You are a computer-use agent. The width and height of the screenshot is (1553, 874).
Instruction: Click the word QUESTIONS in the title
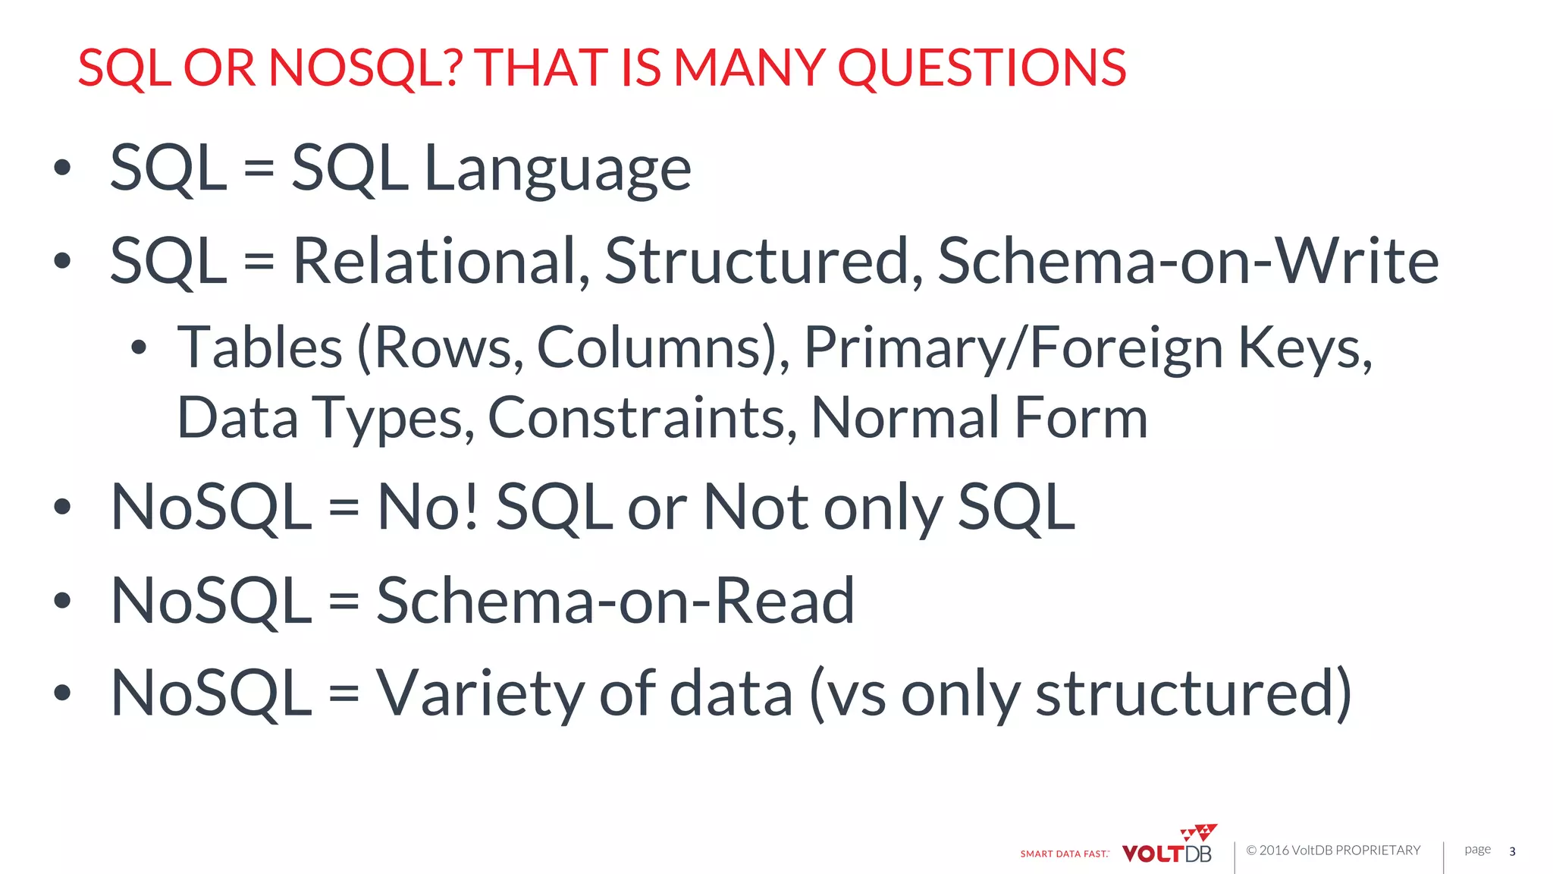(981, 68)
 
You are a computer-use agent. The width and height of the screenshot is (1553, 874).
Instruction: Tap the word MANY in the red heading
(749, 68)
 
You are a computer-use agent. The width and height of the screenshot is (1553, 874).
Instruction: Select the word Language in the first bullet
(557, 169)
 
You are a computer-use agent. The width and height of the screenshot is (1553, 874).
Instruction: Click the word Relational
(441, 262)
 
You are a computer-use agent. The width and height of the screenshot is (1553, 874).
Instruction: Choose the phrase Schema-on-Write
(1187, 262)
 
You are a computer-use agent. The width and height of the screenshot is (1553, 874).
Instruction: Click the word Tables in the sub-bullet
(259, 348)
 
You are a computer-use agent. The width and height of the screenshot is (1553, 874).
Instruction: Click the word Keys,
(1305, 348)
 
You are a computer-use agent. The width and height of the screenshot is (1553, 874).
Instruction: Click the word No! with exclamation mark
(428, 508)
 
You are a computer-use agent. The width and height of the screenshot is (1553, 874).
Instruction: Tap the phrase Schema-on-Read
(615, 601)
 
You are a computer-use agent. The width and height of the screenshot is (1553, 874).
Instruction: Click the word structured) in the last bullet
(1194, 693)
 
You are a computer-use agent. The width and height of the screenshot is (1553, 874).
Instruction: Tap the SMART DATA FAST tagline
(1064, 854)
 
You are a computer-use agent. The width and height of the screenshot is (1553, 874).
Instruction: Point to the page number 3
(1512, 852)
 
